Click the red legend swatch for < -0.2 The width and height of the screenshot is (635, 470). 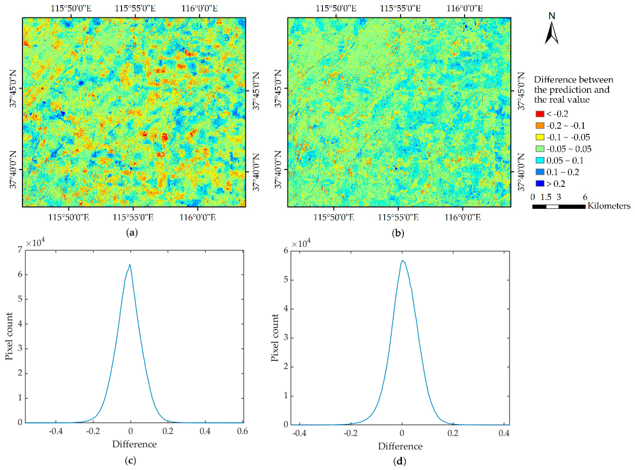540,114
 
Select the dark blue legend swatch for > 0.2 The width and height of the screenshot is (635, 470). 540,184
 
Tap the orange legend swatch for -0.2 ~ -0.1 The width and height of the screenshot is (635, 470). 540,125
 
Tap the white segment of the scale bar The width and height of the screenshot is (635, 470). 552,207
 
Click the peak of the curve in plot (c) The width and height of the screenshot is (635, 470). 130,264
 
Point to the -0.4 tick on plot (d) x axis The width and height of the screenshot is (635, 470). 300,433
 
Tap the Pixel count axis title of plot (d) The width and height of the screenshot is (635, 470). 275,338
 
